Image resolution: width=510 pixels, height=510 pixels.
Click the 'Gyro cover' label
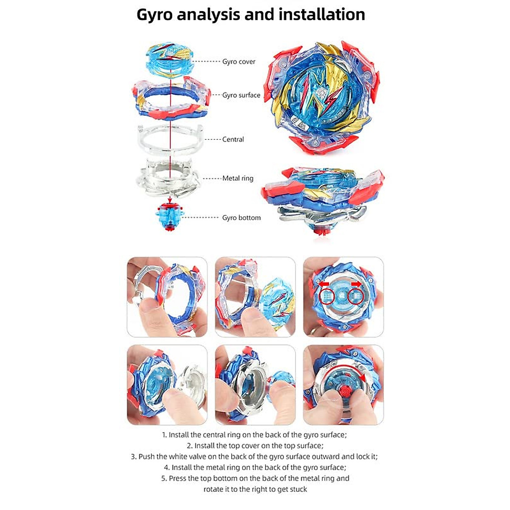pyautogui.click(x=238, y=62)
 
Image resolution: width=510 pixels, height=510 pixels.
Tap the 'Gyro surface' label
pyautogui.click(x=241, y=95)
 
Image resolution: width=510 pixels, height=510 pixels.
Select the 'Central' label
pyautogui.click(x=233, y=139)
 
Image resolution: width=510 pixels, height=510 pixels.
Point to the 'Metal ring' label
pyautogui.click(x=238, y=178)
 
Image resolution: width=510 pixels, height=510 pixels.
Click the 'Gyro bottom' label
pyautogui.click(x=241, y=218)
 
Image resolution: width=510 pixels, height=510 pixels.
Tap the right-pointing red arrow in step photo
pyautogui.click(x=356, y=283)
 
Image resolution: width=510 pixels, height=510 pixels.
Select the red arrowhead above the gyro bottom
pyautogui.click(x=170, y=198)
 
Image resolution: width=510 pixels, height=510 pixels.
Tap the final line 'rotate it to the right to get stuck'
pyautogui.click(x=255, y=489)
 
